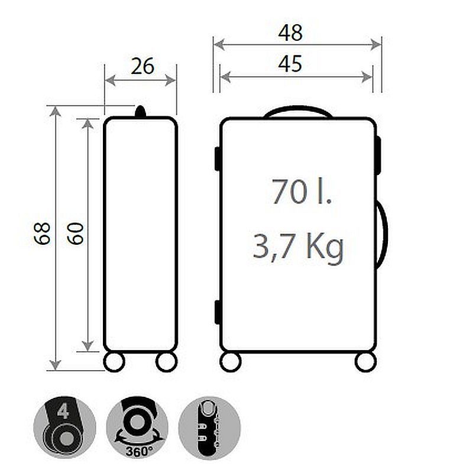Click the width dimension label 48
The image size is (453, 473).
[x=290, y=33]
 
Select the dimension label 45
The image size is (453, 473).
[x=290, y=63]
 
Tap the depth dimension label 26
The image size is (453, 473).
[x=143, y=66]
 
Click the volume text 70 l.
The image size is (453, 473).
[x=302, y=191]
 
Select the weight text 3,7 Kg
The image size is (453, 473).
[x=298, y=247]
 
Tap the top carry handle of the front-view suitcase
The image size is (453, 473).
[x=297, y=111]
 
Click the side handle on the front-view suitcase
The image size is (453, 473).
[x=383, y=234]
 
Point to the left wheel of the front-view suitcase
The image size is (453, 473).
[x=231, y=361]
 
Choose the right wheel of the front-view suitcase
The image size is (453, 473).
[x=365, y=361]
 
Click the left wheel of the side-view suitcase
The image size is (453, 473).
[x=114, y=361]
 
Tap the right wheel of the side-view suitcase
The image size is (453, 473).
[x=166, y=361]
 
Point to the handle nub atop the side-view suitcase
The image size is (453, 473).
[x=141, y=112]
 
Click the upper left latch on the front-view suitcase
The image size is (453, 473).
[x=218, y=158]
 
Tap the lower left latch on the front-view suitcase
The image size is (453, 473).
[x=218, y=312]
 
